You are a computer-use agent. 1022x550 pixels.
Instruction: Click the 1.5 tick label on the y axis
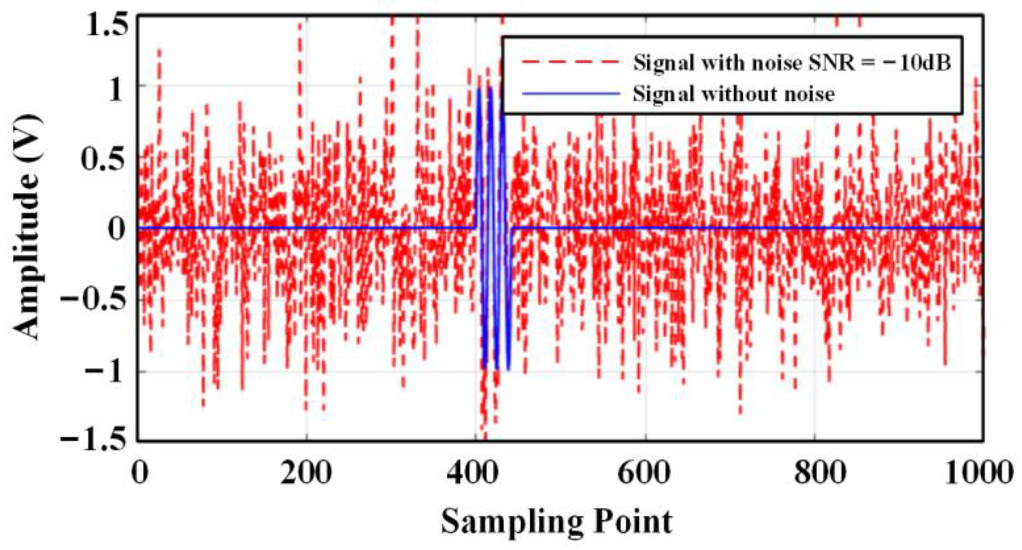[x=107, y=25]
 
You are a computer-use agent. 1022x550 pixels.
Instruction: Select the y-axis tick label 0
[x=116, y=229]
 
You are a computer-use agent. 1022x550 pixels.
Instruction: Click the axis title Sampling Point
[x=557, y=522]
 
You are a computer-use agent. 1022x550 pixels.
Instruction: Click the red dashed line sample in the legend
[x=571, y=63]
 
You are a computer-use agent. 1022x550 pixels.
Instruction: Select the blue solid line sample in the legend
[x=571, y=93]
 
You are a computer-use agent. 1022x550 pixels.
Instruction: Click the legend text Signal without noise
[x=734, y=94]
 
